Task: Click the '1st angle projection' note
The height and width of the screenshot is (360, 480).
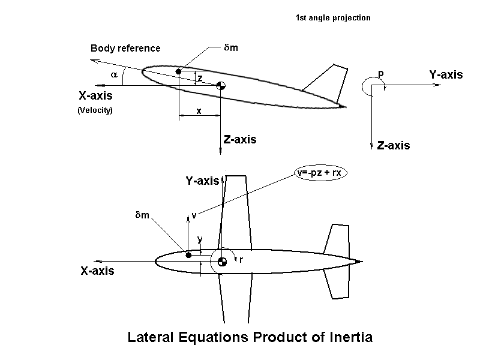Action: pos(333,18)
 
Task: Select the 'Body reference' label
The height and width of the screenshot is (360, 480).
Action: pos(125,48)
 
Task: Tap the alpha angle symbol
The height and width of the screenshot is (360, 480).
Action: pos(114,74)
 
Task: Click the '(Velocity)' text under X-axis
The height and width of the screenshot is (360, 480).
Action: pos(95,110)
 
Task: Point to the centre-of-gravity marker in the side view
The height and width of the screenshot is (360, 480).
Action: pos(221,86)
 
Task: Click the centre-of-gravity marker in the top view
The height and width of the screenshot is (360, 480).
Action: pos(221,261)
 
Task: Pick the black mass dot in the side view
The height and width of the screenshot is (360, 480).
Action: pos(178,72)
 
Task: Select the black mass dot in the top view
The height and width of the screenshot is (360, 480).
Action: pos(188,255)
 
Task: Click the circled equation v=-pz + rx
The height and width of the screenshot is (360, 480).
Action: pos(322,173)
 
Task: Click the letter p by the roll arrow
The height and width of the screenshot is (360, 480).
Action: pos(380,73)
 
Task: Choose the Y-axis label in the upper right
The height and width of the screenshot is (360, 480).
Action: pos(446,75)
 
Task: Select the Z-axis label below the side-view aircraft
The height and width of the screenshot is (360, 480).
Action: pos(240,140)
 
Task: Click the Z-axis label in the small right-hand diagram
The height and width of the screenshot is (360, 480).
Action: pos(394,145)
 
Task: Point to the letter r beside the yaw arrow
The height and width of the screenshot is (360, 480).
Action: pos(241,260)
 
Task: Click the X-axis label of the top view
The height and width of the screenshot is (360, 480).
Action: pos(97,271)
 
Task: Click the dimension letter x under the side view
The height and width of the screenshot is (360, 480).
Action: pos(199,111)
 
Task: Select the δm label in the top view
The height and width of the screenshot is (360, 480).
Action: pos(142,215)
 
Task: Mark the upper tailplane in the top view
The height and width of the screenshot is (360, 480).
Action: pos(334,239)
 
